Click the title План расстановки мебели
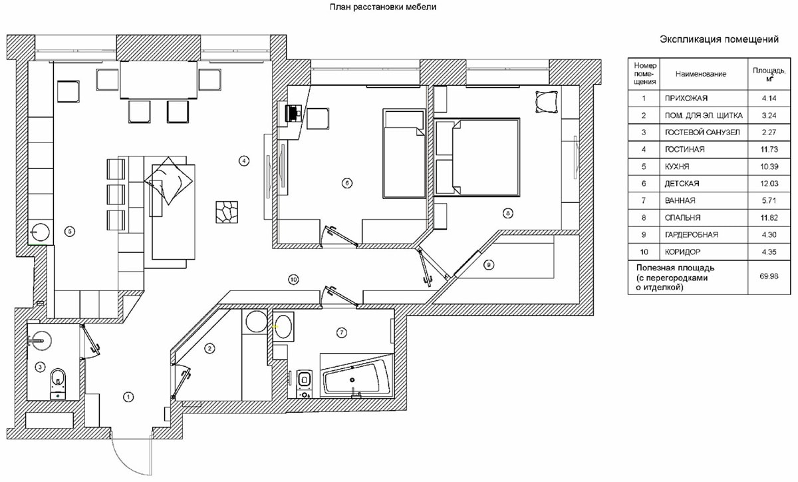(x=383, y=7)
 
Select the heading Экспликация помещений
(x=719, y=39)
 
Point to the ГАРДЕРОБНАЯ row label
(x=691, y=235)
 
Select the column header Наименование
(x=701, y=74)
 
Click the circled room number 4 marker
(x=244, y=160)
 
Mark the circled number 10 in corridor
(x=293, y=280)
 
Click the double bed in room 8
(x=477, y=157)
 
